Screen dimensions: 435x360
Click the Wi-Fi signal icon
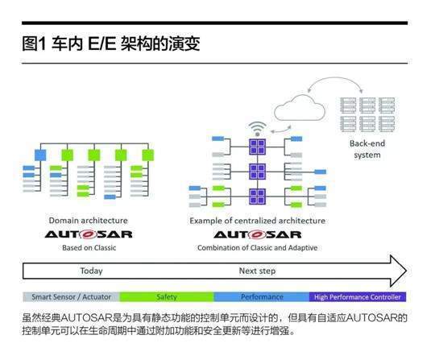coord(258,129)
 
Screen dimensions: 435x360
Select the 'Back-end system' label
coord(367,149)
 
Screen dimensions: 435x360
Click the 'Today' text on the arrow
coord(91,271)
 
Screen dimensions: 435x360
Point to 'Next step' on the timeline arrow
coord(257,271)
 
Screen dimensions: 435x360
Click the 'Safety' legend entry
coord(167,297)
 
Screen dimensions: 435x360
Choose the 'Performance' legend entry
coord(262,297)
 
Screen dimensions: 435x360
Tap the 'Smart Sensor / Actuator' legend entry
coord(71,297)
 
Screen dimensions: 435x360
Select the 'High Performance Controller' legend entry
coord(358,297)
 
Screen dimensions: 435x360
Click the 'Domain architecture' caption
coord(89,221)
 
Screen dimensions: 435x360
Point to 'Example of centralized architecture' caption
coord(258,221)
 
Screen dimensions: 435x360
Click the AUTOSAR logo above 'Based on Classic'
coord(89,234)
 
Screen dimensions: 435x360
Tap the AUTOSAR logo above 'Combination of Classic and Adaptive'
coord(258,234)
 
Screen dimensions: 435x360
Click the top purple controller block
coord(258,147)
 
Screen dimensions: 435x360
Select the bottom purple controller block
coord(258,197)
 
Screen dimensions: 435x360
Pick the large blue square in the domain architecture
coord(40,155)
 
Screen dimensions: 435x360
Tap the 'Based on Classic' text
coord(89,248)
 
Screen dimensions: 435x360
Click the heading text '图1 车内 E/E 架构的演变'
coord(111,43)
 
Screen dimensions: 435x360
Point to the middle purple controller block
coord(258,172)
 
